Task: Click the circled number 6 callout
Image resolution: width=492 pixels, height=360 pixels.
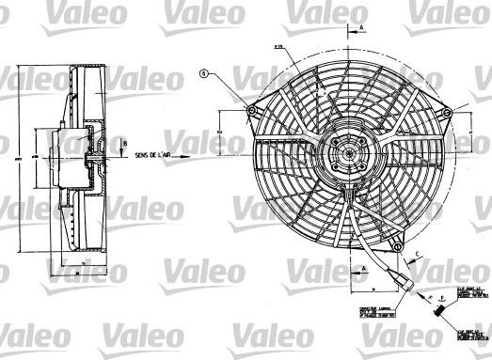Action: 203,72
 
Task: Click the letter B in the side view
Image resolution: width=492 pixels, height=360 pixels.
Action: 124,143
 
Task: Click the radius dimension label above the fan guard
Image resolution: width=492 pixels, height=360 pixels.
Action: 280,46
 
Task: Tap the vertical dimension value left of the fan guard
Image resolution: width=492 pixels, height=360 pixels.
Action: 217,134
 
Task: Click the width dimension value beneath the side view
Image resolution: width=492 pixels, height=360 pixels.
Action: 80,269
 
